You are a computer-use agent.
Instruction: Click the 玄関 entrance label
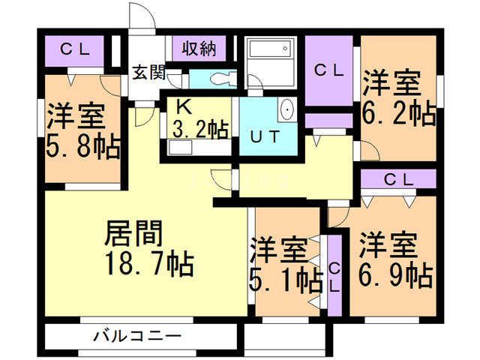pos(150,73)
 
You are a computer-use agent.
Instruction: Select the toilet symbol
pos(217,78)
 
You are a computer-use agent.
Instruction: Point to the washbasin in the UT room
pos(286,111)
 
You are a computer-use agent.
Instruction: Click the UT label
pos(265,137)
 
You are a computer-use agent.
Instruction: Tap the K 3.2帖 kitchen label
pos(199,120)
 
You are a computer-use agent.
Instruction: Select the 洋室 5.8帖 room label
pos(83,132)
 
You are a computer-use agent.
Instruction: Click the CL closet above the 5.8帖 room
pos(75,51)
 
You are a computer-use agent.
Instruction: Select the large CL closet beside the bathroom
pos(329,71)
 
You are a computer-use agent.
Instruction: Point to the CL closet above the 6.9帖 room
pos(398,179)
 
